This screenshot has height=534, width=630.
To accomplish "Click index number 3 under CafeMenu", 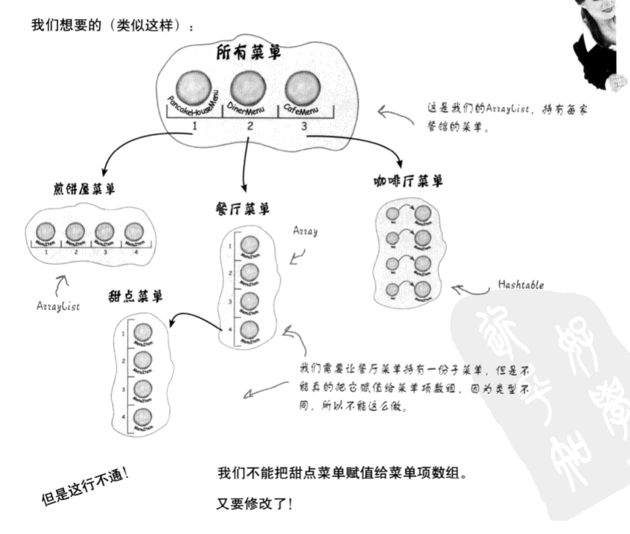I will pos(302,126).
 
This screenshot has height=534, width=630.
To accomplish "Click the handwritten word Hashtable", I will pos(522,285).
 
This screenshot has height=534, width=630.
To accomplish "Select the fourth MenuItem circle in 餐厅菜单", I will pos(249,330).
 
